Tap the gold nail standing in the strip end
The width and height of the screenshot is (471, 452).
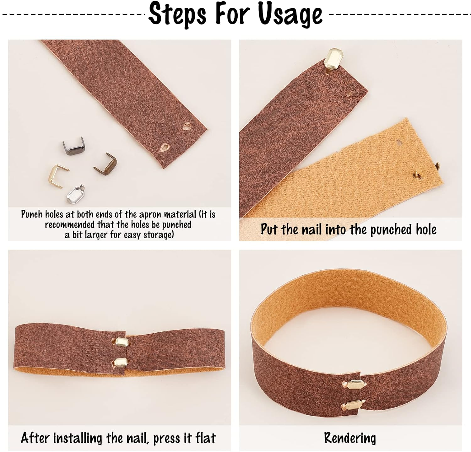tap(336, 61)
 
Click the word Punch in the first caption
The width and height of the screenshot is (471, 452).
tap(32, 214)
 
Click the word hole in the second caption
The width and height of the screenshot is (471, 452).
tap(426, 229)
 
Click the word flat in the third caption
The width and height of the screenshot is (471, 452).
tap(206, 438)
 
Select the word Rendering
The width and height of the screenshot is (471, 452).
tap(350, 438)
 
